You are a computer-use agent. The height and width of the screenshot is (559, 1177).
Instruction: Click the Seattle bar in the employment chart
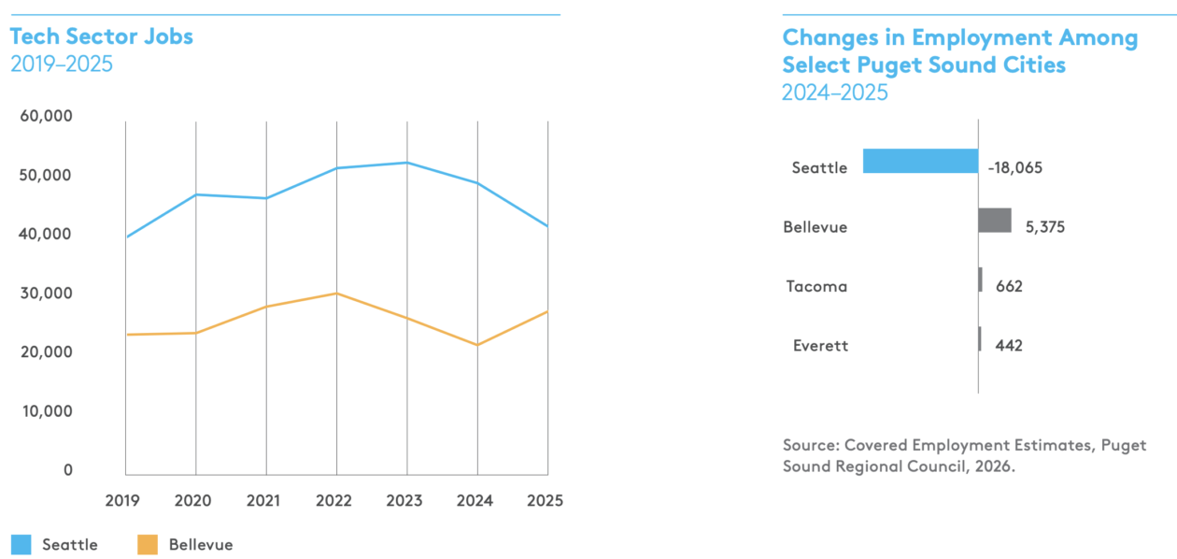921,161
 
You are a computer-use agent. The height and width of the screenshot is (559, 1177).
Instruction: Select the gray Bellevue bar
995,221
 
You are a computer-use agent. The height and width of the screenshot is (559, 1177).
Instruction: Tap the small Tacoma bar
981,279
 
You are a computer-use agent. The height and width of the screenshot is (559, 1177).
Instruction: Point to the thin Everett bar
980,338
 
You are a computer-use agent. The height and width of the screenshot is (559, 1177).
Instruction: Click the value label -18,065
1015,167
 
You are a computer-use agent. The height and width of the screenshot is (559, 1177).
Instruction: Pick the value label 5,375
1045,227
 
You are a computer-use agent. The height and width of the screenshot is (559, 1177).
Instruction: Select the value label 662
1010,286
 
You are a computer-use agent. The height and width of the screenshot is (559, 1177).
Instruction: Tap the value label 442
1009,346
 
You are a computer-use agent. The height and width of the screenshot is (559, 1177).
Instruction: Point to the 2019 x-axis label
122,500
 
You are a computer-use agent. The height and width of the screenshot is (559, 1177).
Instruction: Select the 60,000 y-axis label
47,116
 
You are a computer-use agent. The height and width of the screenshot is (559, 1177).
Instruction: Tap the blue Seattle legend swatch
21,545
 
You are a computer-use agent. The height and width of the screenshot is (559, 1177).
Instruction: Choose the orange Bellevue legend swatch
148,545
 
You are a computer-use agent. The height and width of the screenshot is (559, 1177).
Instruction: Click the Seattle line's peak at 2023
407,163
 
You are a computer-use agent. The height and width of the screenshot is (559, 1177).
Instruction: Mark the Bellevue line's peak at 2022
337,294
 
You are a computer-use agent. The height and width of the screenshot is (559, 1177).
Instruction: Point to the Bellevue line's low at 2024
477,345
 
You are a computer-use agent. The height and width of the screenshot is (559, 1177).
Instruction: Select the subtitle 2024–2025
835,93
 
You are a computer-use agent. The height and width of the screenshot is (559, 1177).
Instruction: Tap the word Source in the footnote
811,445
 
